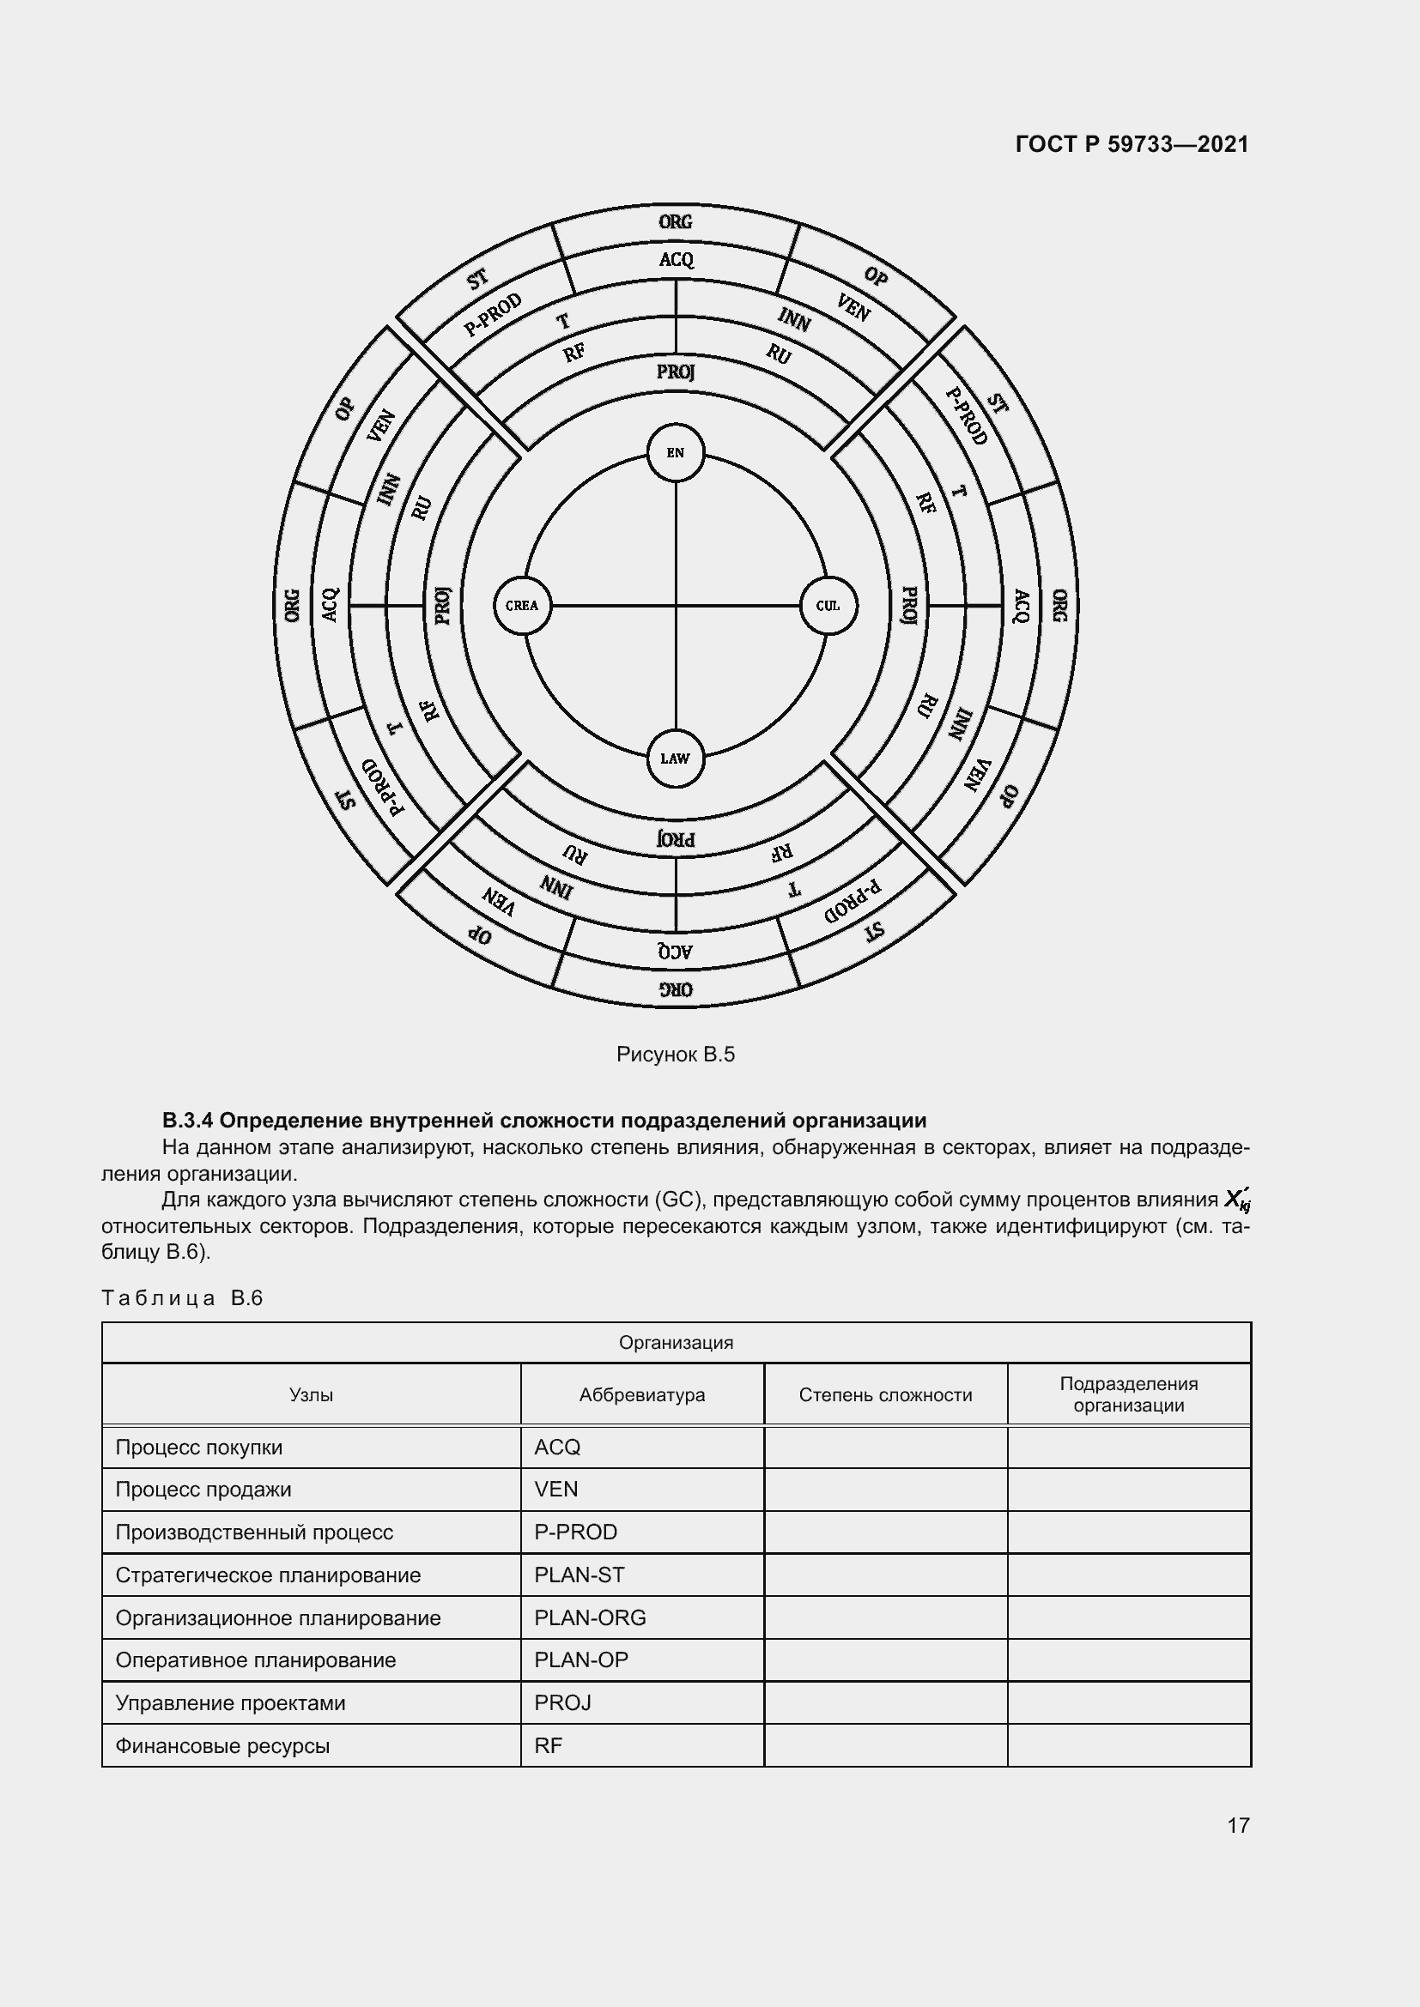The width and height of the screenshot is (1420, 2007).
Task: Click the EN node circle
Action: point(675,453)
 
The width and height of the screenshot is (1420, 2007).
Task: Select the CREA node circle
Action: point(522,606)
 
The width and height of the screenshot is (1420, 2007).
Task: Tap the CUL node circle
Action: point(828,606)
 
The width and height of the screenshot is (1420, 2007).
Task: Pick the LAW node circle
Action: point(675,759)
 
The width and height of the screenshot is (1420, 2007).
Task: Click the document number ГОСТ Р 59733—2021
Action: point(1132,145)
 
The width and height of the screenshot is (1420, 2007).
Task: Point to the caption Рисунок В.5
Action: point(675,1055)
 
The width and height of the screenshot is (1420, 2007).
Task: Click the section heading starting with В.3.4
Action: point(543,1121)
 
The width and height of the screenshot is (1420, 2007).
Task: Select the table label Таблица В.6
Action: point(183,1298)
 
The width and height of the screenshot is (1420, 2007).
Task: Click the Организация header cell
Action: point(676,1343)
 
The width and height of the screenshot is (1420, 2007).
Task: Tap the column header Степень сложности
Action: point(885,1395)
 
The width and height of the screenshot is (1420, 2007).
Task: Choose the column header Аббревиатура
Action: point(642,1395)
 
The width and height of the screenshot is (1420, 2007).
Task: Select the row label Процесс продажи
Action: point(203,1490)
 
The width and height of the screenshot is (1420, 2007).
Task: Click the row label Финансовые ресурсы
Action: point(222,1746)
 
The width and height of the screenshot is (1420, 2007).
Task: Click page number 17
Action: point(1238,1825)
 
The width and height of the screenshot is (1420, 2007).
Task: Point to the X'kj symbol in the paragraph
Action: point(1236,1200)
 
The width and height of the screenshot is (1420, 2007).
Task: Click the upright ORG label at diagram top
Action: point(675,222)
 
